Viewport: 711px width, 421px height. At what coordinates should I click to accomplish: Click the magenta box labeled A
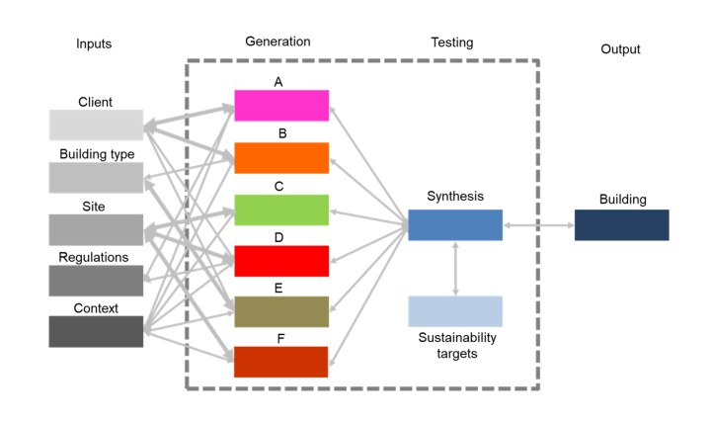click(281, 106)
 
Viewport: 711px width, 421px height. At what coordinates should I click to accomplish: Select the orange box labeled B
click(281, 158)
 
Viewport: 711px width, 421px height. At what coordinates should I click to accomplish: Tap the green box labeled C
click(281, 210)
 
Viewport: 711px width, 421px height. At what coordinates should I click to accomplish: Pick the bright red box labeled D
click(281, 261)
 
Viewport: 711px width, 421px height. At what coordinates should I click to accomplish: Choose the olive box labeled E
click(281, 311)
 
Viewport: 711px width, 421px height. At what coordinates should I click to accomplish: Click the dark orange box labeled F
click(281, 362)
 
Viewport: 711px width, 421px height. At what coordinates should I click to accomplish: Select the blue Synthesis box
click(455, 225)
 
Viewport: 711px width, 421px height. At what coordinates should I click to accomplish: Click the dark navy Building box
click(621, 225)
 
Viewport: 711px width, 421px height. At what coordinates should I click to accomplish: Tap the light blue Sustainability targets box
click(455, 311)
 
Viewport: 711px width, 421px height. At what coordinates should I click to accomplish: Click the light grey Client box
click(96, 126)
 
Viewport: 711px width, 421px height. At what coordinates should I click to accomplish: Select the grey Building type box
click(96, 178)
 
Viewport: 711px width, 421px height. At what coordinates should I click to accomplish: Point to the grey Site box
click(96, 229)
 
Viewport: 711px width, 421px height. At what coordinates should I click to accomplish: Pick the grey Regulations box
click(96, 281)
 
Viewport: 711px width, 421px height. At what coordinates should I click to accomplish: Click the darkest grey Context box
click(96, 332)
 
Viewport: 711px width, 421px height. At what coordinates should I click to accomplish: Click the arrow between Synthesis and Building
click(538, 226)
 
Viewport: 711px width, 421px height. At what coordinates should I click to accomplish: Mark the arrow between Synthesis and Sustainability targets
click(455, 268)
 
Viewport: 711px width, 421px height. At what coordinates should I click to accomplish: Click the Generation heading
click(277, 42)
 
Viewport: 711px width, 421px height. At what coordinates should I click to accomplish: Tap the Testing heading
click(452, 42)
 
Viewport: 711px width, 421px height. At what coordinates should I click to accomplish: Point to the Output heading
click(620, 49)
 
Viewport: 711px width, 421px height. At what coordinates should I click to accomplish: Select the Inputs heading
click(94, 43)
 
